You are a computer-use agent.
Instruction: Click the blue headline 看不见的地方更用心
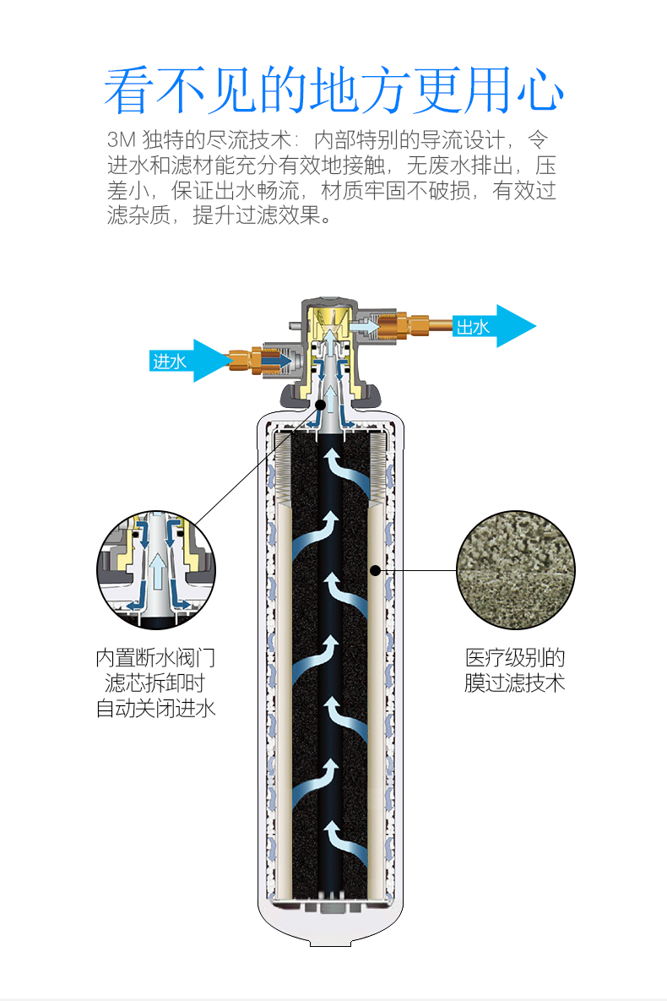pos(333,91)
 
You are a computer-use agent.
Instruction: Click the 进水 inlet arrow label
pos(170,361)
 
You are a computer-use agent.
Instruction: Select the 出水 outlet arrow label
pos(474,327)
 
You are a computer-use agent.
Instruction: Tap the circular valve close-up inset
pos(156,570)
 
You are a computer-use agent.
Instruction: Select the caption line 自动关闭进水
pos(155,708)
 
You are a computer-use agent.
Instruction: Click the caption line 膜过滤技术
pos(515,683)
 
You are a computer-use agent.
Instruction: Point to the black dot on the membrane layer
pos(375,570)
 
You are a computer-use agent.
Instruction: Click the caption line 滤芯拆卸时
pos(155,683)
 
